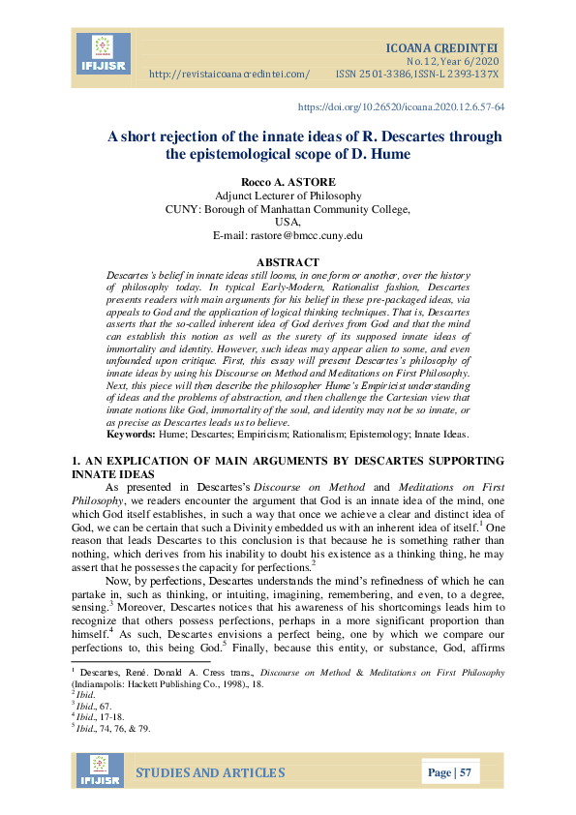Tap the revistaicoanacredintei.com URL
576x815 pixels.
[230, 75]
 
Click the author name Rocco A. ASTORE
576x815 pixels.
[287, 182]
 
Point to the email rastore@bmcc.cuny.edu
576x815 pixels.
[288, 235]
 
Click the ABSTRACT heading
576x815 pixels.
[288, 262]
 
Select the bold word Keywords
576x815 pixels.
[131, 438]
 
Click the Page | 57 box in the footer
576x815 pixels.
[449, 773]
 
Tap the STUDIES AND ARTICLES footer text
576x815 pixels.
[209, 772]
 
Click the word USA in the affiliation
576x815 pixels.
[288, 222]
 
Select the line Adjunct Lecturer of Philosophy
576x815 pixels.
[288, 195]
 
